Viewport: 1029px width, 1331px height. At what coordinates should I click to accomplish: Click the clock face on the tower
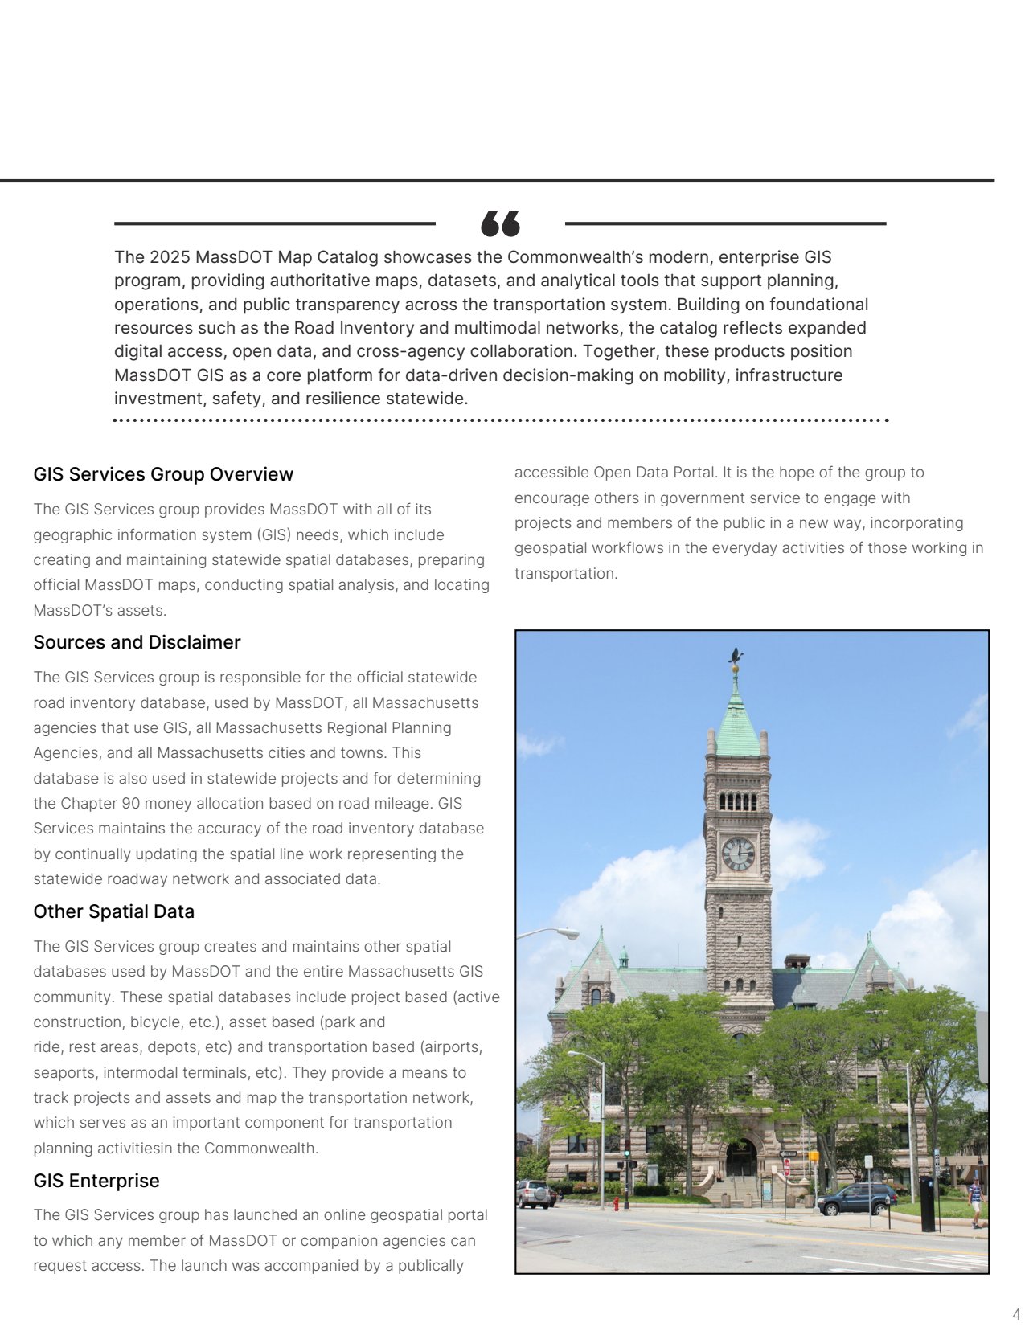click(738, 854)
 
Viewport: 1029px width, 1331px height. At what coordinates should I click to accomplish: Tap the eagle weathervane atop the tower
click(735, 657)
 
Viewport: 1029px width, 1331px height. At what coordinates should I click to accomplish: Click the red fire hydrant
click(617, 1203)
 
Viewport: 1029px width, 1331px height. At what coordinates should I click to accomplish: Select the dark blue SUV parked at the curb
click(856, 1198)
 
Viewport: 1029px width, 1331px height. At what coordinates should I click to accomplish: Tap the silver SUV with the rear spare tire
click(534, 1194)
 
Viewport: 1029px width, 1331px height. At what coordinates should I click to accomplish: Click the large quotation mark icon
click(500, 223)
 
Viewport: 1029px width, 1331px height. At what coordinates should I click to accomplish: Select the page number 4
click(1016, 1314)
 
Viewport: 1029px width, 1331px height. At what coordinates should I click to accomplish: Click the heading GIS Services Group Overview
click(163, 474)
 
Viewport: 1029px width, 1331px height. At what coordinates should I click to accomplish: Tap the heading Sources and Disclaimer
click(137, 642)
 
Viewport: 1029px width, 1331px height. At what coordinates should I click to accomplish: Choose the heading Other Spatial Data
click(113, 911)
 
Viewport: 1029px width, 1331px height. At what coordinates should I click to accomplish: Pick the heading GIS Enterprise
click(96, 1181)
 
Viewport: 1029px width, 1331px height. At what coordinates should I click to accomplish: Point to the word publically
click(431, 1265)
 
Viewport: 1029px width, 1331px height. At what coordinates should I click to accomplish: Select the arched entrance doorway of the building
click(740, 1157)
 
